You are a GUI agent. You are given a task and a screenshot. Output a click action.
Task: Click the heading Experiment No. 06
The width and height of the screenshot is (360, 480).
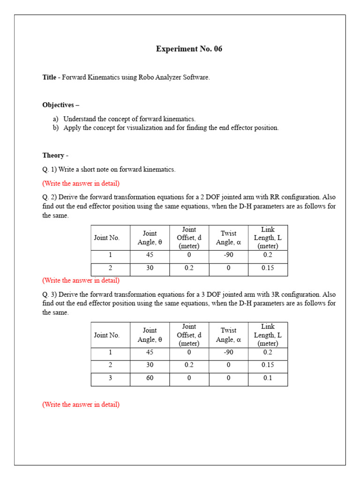(x=189, y=49)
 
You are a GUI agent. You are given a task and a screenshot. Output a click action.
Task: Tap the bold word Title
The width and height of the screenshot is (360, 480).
(x=49, y=77)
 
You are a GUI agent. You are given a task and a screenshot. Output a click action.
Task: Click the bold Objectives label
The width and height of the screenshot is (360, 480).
(x=60, y=105)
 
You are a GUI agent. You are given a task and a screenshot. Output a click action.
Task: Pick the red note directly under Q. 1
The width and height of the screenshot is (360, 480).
(x=81, y=183)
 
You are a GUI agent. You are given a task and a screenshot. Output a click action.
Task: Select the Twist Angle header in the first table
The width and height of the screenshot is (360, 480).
(x=228, y=238)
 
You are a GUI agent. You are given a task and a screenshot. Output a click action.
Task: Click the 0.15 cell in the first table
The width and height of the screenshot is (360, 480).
(x=268, y=268)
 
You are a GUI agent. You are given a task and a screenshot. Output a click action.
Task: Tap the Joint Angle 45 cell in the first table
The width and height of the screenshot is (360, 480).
(x=150, y=255)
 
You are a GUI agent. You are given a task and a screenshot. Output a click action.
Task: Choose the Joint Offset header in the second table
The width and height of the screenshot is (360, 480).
(x=189, y=335)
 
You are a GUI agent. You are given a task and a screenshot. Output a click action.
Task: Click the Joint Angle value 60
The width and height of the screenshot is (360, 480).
(x=150, y=378)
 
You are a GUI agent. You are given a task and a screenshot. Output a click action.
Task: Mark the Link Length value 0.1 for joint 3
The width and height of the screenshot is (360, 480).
(x=268, y=378)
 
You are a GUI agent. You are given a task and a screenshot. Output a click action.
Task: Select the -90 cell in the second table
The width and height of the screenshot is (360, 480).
(x=228, y=352)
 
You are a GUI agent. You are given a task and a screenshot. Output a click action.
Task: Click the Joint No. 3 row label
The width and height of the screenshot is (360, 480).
(x=110, y=378)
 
